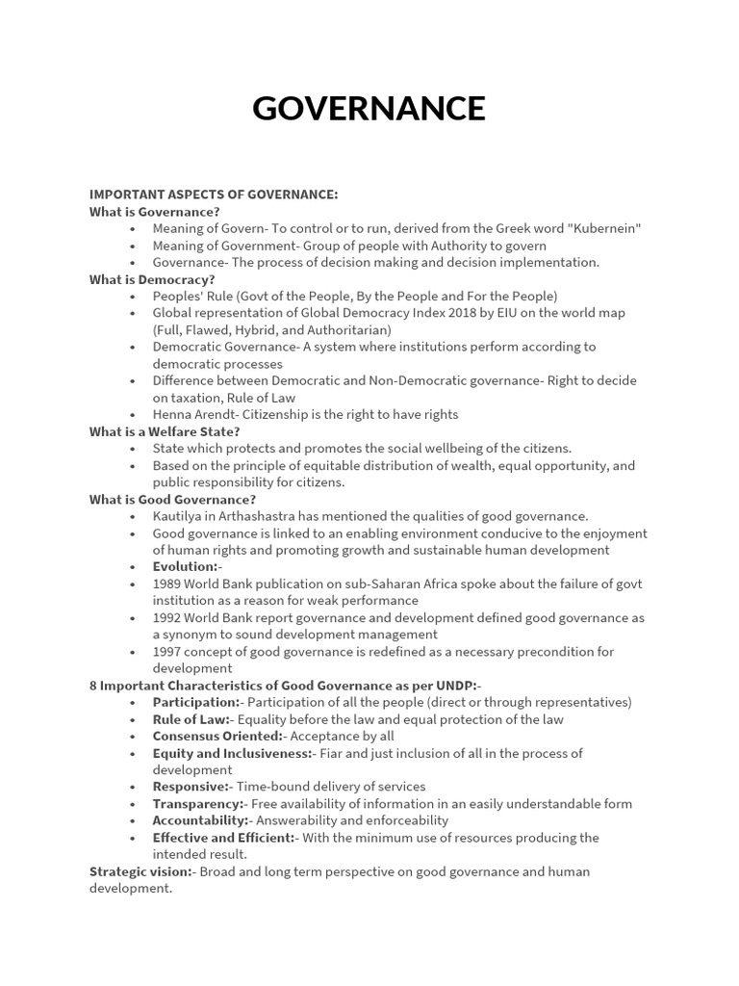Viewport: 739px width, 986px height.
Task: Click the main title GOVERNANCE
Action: pyautogui.click(x=369, y=108)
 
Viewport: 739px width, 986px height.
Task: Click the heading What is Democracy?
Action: pyautogui.click(x=152, y=279)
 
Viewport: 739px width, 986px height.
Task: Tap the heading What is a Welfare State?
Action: pyautogui.click(x=165, y=431)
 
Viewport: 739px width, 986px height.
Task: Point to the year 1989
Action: pyautogui.click(x=167, y=584)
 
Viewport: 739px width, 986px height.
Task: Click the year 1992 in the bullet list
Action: pyautogui.click(x=167, y=617)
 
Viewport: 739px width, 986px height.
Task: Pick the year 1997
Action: pyautogui.click(x=167, y=651)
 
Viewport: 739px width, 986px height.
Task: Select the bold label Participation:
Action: pyautogui.click(x=196, y=702)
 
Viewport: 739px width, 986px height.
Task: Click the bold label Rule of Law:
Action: pyautogui.click(x=191, y=719)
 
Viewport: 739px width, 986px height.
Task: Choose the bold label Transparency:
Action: pyautogui.click(x=197, y=803)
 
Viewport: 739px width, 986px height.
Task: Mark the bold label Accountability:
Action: pyautogui.click(x=200, y=820)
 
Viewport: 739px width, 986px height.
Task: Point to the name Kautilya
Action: pyautogui.click(x=179, y=516)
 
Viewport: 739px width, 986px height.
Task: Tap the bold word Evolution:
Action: pyautogui.click(x=185, y=566)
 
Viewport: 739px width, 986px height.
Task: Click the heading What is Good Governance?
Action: pyautogui.click(x=172, y=499)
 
